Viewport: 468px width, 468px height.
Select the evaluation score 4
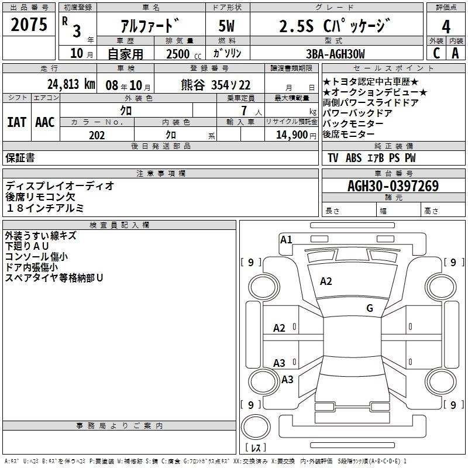point(446,27)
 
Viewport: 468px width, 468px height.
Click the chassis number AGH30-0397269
point(393,185)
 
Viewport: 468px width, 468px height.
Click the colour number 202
point(97,135)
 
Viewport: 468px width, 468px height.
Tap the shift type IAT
point(16,122)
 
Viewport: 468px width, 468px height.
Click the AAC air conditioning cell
point(44,122)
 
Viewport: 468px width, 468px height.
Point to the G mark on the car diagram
point(369,308)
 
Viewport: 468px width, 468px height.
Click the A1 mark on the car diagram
point(286,239)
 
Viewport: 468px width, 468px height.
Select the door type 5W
point(228,27)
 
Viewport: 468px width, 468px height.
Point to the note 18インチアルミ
point(45,208)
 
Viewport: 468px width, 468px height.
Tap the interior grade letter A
point(455,53)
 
